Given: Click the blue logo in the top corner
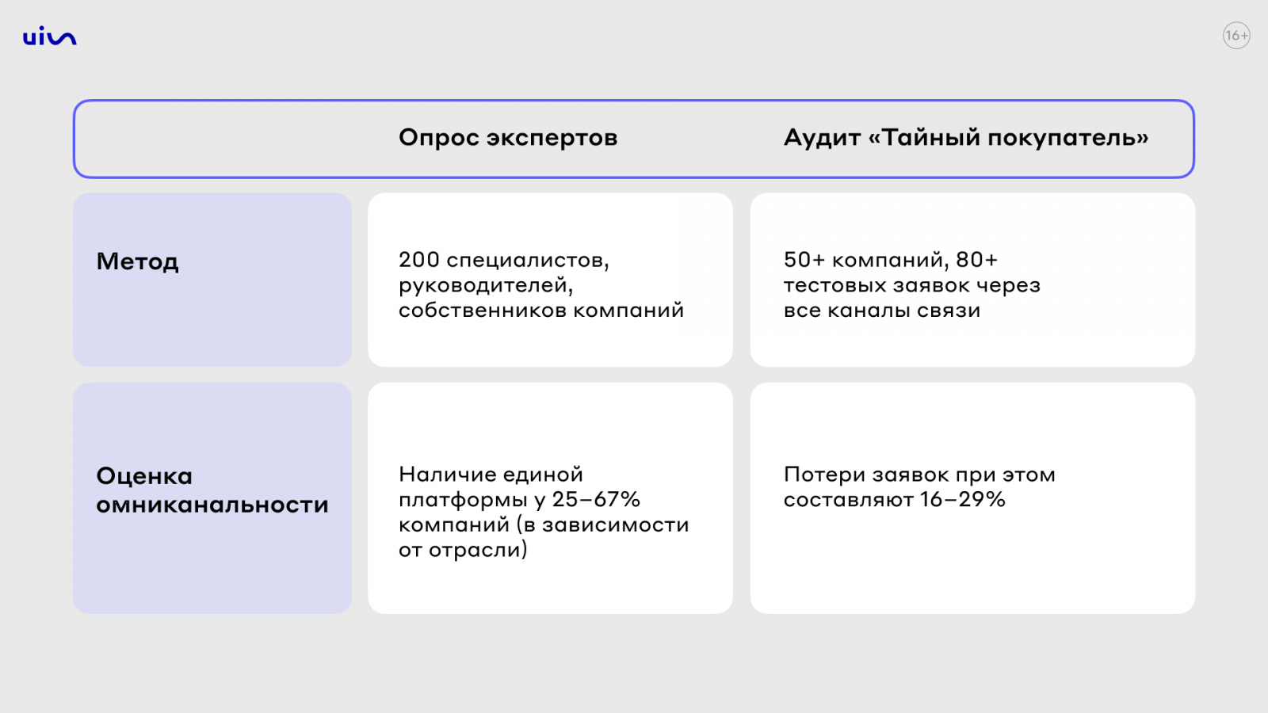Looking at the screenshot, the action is coord(50,36).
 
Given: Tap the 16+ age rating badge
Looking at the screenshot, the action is coord(1236,36).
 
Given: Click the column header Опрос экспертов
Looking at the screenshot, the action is coord(508,138).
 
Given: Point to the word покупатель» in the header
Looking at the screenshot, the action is coord(1068,138).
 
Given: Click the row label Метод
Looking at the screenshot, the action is coord(138,261).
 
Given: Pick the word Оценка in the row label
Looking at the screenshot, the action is coord(144,476).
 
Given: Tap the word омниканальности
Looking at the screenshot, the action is coord(212,504).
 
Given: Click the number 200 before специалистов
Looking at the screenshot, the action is coord(419,260).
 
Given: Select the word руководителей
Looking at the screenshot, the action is coord(486,286).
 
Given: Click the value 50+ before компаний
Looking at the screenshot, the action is coord(804,260).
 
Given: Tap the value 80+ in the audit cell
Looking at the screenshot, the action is coord(976,260).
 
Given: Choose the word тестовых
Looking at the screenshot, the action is coord(835,285).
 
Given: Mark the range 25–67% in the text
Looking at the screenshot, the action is coord(596,499).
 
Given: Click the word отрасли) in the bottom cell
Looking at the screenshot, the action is coord(478,550).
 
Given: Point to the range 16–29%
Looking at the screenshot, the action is coord(962,499).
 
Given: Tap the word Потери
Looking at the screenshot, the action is coord(824,475).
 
